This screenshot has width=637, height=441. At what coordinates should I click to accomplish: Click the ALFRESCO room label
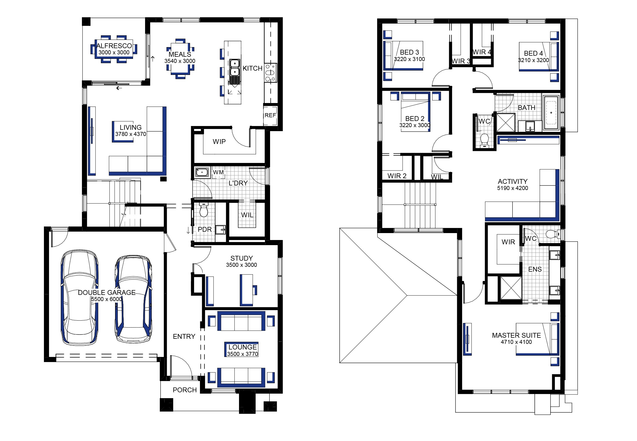click(114, 46)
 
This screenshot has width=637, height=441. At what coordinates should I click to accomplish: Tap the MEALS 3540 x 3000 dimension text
click(180, 61)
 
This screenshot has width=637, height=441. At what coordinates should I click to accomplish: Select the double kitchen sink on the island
click(235, 71)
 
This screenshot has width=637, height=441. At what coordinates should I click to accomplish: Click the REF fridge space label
click(270, 115)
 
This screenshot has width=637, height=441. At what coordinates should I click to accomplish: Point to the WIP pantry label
click(219, 142)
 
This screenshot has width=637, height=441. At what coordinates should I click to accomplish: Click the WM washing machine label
click(218, 172)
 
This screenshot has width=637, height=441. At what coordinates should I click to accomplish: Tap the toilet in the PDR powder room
click(203, 210)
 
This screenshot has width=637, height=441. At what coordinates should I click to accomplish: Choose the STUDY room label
click(241, 258)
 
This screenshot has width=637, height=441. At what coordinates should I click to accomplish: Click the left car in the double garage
click(79, 298)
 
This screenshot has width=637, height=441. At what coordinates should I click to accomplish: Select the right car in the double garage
click(134, 299)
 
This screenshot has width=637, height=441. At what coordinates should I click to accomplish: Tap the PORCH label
click(185, 390)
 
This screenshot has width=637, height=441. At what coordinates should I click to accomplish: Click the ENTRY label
click(184, 337)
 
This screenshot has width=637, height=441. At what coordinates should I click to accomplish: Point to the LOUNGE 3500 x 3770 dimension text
click(242, 354)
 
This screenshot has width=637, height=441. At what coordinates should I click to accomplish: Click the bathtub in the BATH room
click(551, 112)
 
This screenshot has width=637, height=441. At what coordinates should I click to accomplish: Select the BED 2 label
click(415, 119)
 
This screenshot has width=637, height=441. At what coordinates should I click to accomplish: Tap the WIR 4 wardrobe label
click(482, 52)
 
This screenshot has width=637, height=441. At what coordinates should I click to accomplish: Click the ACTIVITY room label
click(513, 181)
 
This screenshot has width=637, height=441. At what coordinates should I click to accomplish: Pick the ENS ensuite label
click(535, 269)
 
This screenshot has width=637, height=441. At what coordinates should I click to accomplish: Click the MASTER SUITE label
click(516, 336)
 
